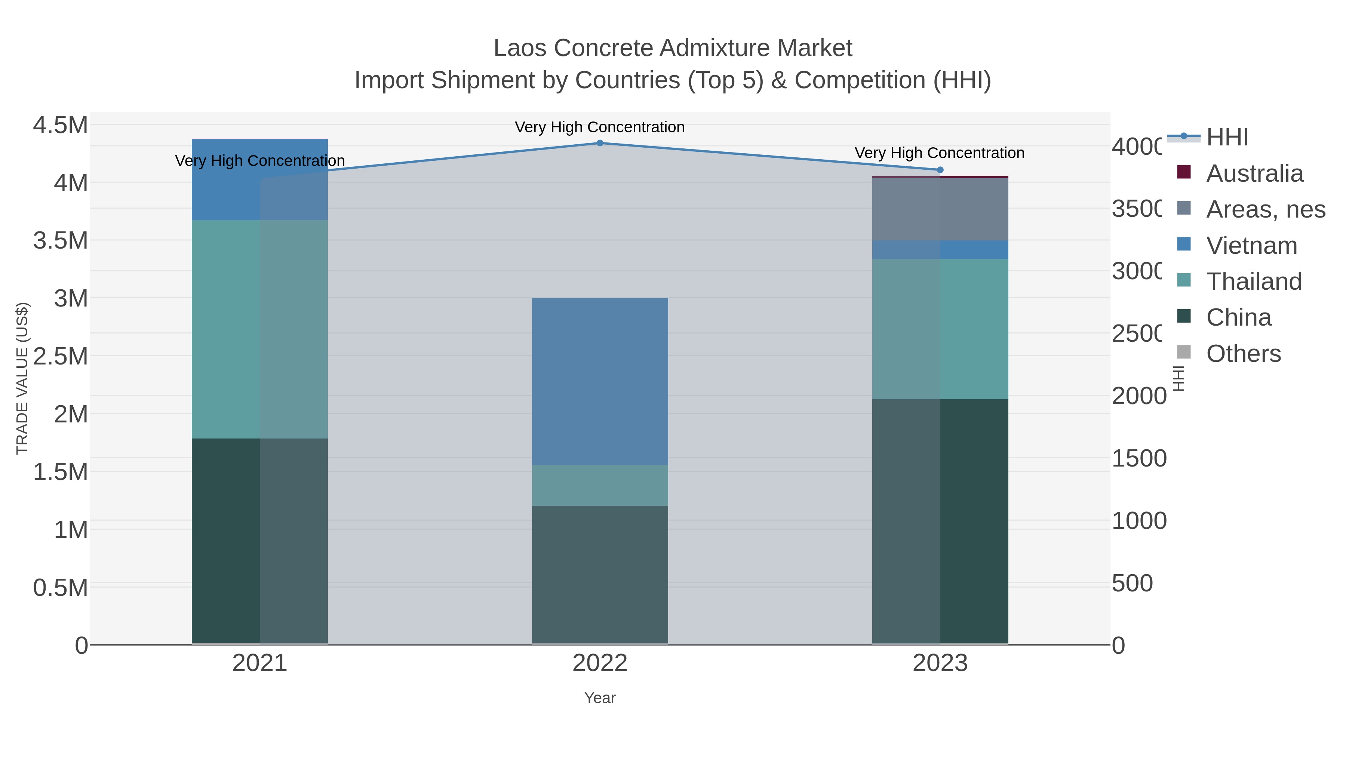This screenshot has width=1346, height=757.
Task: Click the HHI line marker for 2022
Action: tap(600, 143)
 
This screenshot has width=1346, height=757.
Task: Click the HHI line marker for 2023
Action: tap(940, 170)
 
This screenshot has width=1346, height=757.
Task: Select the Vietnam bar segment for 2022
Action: tap(600, 381)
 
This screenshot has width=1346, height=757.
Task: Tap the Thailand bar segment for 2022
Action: tap(600, 485)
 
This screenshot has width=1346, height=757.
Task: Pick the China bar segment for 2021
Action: tap(260, 541)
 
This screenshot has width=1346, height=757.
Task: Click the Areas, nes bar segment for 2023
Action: tap(940, 209)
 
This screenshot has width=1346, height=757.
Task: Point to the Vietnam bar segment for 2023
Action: tap(940, 250)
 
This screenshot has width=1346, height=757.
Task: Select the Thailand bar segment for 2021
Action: tap(260, 329)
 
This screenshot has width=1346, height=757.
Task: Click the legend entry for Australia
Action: tap(1254, 173)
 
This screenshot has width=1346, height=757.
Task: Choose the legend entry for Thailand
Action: tap(1254, 281)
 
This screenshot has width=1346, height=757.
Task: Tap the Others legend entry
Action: tap(1243, 354)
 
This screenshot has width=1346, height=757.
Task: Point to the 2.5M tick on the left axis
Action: tap(61, 356)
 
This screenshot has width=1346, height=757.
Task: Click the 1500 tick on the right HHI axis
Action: tap(1139, 459)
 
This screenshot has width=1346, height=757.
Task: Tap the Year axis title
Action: tap(600, 698)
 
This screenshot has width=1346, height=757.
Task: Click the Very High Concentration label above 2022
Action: tap(600, 127)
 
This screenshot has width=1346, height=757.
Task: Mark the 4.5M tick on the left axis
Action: tap(61, 125)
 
